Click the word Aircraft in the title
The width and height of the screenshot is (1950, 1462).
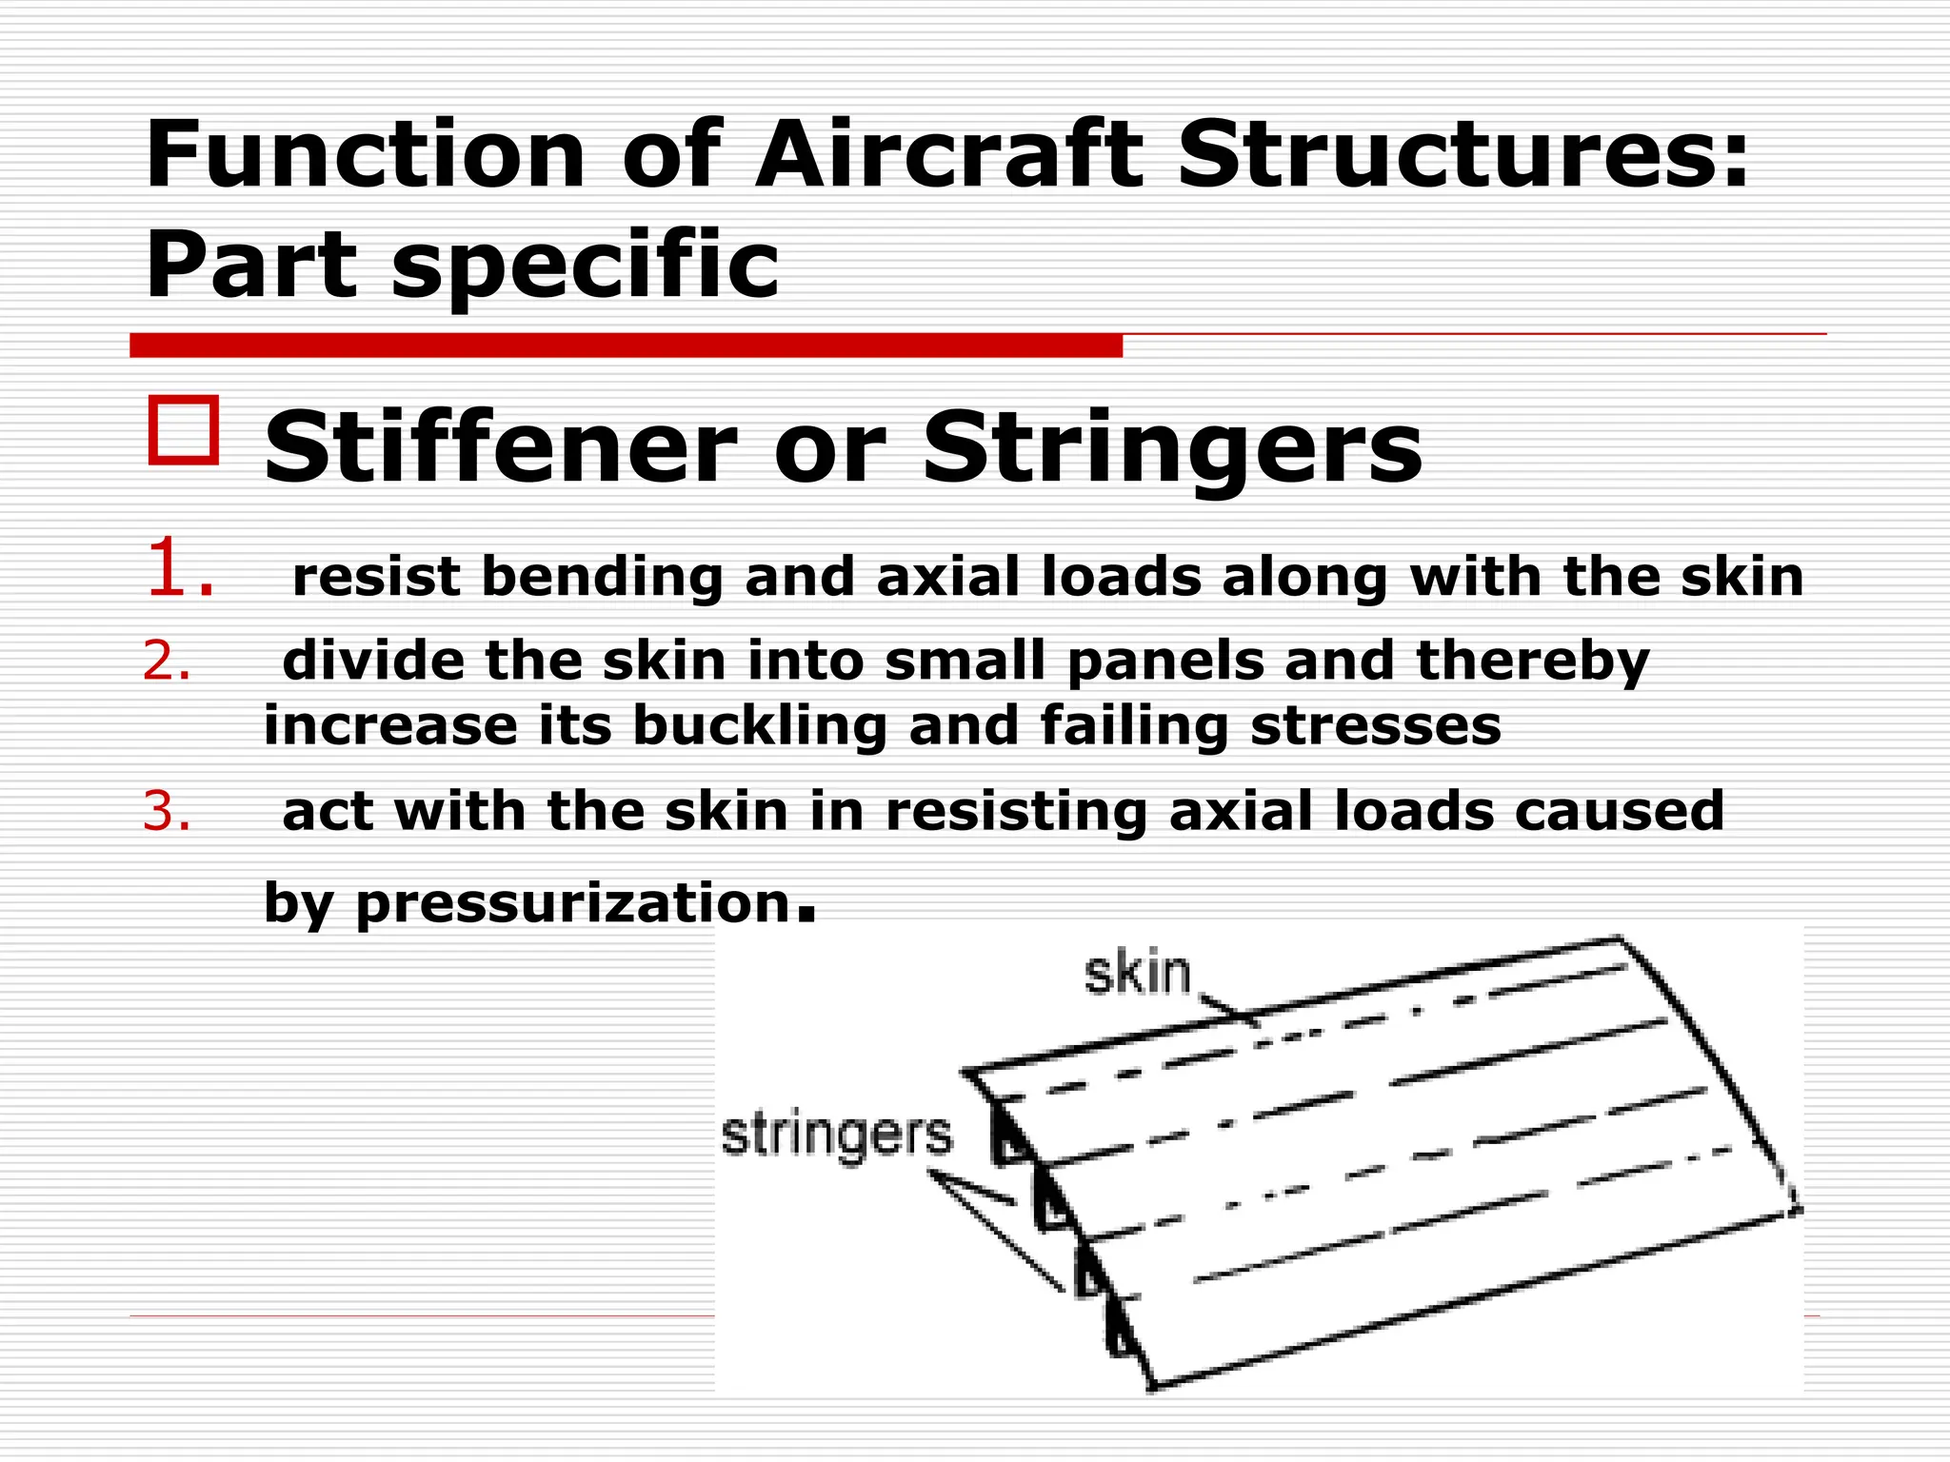tap(948, 154)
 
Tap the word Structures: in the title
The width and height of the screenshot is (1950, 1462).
tap(1462, 154)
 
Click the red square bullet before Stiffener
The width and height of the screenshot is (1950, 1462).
tap(183, 430)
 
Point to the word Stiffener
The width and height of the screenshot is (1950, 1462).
tap(500, 447)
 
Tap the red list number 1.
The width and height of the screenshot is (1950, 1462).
tap(178, 569)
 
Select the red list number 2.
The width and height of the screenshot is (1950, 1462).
tap(167, 661)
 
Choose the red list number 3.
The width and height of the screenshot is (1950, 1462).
tap(167, 811)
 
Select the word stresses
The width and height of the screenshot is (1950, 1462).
tap(1375, 725)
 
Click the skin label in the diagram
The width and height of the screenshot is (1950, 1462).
tap(1138, 974)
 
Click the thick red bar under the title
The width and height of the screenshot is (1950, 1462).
tap(626, 346)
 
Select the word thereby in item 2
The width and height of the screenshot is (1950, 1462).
tap(1532, 661)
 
